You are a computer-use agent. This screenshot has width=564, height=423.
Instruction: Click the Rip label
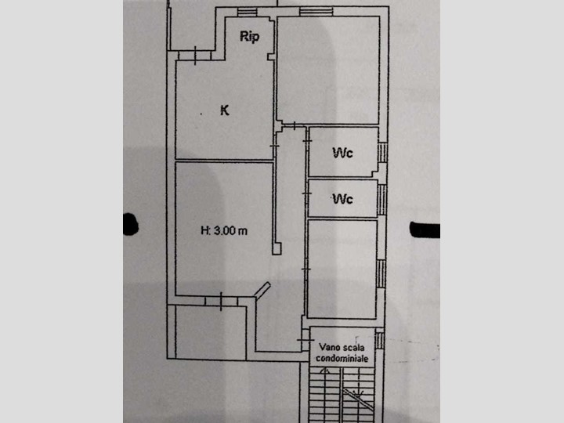pyautogui.click(x=251, y=38)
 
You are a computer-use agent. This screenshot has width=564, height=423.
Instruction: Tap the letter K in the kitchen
pyautogui.click(x=225, y=111)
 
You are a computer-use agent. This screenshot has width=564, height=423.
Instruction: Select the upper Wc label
pyautogui.click(x=342, y=152)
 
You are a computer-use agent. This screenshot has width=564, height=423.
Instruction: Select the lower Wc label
pyautogui.click(x=342, y=199)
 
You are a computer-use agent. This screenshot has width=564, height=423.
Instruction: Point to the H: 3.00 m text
pyautogui.click(x=224, y=230)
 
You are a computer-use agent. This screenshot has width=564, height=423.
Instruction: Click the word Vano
pyautogui.click(x=330, y=345)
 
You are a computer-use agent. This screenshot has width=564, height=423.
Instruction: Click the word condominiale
pyautogui.click(x=342, y=358)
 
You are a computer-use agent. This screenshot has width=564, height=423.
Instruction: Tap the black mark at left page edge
pyautogui.click(x=130, y=224)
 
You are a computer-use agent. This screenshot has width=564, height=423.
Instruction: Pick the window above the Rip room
pyautogui.click(x=246, y=12)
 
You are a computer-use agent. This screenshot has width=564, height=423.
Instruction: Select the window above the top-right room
pyautogui.click(x=314, y=11)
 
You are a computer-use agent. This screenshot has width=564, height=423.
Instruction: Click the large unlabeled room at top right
pyautogui.click(x=327, y=70)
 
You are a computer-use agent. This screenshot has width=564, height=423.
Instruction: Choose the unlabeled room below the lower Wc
pyautogui.click(x=342, y=269)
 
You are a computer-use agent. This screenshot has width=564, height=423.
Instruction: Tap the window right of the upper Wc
pyautogui.click(x=382, y=151)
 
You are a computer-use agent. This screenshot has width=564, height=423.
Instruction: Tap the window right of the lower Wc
pyautogui.click(x=382, y=199)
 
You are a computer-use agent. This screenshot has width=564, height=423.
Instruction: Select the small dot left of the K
pyautogui.click(x=201, y=114)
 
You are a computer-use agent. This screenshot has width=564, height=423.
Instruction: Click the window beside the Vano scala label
pyautogui.click(x=379, y=341)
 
